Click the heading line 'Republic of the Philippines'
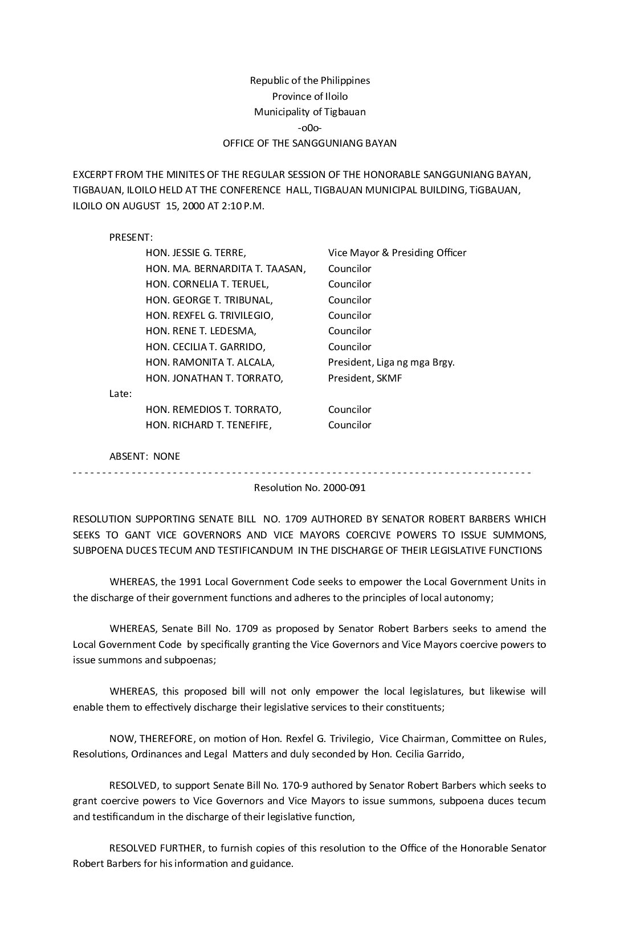point(309,80)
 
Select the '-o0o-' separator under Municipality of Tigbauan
point(309,128)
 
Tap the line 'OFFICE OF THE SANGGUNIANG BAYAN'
point(309,143)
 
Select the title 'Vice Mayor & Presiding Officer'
point(397,253)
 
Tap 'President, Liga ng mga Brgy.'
point(391,362)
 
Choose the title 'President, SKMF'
point(365,378)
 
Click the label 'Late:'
point(120,394)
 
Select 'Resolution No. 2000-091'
point(309,488)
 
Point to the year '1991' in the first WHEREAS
point(190,582)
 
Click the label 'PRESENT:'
point(131,237)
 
